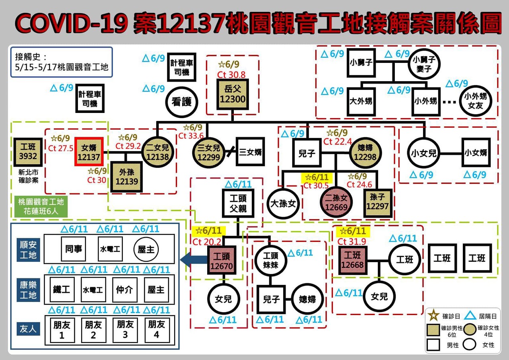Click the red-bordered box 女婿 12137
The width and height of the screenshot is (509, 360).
click(x=89, y=152)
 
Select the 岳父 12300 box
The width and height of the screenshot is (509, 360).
click(x=233, y=94)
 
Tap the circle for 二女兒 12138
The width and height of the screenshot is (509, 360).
click(x=157, y=152)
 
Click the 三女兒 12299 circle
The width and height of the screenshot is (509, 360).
click(x=208, y=152)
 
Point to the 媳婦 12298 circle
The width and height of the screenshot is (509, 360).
click(x=365, y=152)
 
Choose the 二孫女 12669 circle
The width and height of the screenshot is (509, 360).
click(x=336, y=202)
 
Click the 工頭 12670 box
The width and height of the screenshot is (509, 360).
click(x=221, y=259)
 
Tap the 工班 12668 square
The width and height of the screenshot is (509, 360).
click(x=352, y=259)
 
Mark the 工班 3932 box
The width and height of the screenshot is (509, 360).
click(x=28, y=152)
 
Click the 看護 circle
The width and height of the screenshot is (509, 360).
click(x=181, y=102)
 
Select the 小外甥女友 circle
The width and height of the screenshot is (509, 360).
click(x=476, y=101)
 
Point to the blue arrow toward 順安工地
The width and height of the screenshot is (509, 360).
click(x=193, y=260)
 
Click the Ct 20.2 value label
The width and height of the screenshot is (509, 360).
click(x=207, y=241)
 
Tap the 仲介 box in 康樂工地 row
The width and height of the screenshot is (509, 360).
click(x=124, y=290)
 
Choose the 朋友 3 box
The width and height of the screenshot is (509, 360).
click(x=124, y=330)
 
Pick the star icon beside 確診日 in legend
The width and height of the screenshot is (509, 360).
click(x=434, y=316)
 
